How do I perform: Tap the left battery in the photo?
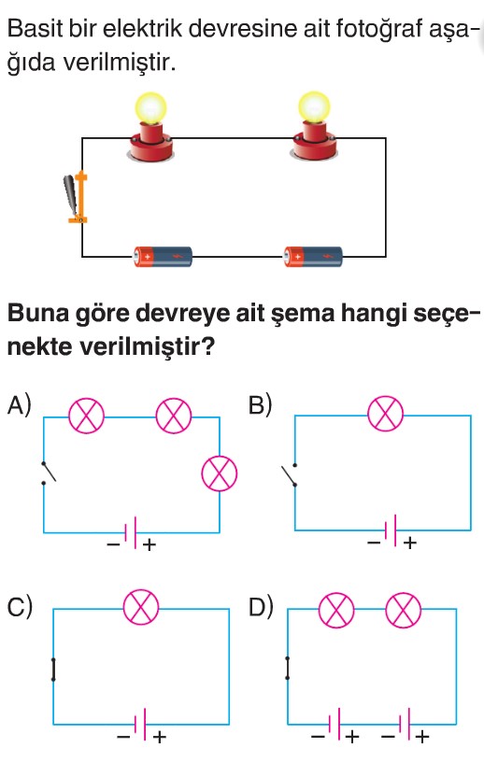coord(163,256)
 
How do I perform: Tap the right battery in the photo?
coord(313,256)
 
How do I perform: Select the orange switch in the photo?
coord(77,198)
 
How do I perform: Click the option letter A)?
coord(20,405)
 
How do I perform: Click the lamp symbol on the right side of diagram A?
coord(220,473)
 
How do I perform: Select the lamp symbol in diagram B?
coord(385,414)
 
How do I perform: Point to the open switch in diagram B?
coord(291,474)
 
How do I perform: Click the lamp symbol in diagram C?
coord(141,608)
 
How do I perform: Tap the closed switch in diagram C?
coord(53,670)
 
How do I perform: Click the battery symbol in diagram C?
coord(140,725)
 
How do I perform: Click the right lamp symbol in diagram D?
coord(404,611)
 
